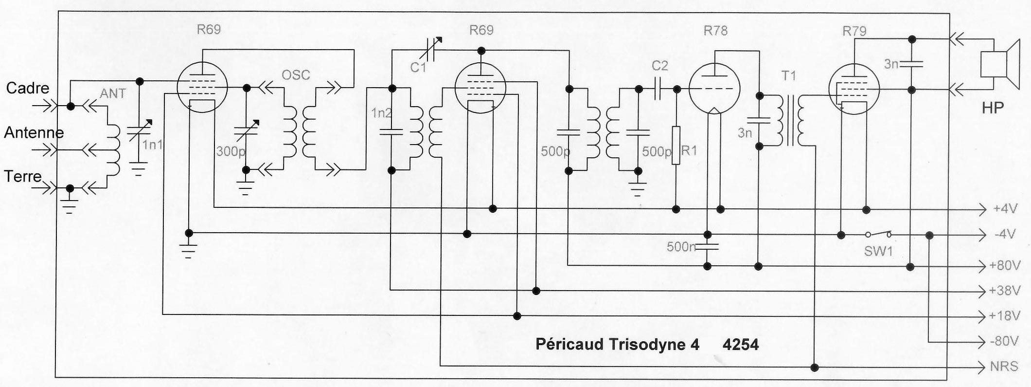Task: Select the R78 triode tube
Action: tap(715, 90)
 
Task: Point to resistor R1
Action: tap(675, 145)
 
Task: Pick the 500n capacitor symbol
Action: tap(708, 246)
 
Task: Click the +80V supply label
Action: tap(1005, 266)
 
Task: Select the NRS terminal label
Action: tap(1004, 366)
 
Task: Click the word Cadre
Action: tap(28, 88)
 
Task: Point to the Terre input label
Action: tap(23, 176)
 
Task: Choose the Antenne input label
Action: tap(34, 132)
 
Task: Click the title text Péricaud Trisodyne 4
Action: tap(617, 344)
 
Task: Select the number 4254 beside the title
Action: tap(740, 344)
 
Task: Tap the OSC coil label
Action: tap(296, 75)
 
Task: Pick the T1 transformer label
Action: tap(789, 75)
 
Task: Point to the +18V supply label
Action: tap(1004, 316)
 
